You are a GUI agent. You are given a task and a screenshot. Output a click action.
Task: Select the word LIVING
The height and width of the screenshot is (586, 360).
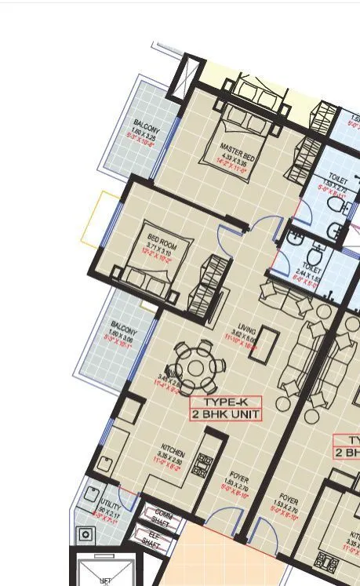click(248, 329)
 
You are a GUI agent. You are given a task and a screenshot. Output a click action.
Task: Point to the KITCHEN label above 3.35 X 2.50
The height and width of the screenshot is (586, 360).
click(173, 452)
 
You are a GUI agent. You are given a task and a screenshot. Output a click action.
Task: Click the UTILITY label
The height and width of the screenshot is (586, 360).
click(103, 504)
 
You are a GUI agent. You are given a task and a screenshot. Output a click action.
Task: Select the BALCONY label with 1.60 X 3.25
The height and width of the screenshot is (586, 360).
click(147, 126)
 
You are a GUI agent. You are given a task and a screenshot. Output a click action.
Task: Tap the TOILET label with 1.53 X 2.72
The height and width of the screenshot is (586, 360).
click(339, 179)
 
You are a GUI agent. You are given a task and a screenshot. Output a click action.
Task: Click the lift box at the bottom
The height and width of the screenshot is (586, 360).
click(104, 570)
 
